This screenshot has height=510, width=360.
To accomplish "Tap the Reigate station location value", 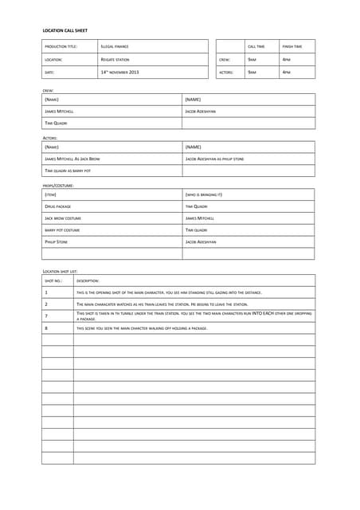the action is coord(115,60).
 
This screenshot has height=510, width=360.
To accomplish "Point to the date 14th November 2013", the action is coord(120,73).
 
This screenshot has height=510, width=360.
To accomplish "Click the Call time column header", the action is coord(256,47).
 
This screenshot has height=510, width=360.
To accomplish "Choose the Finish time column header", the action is coord(292,47).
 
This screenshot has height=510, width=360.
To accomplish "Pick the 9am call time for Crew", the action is coord(252,60).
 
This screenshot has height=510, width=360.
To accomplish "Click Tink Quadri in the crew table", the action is coord(56,124).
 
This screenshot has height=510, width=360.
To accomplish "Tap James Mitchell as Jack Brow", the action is coord(72,159).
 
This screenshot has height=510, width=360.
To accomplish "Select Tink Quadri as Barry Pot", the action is coord(68,171).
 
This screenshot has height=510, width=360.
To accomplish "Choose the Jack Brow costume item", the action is coord(63,218).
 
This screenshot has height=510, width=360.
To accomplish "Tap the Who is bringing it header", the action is coord(204,194).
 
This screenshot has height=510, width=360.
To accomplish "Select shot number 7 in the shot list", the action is coord(46,316).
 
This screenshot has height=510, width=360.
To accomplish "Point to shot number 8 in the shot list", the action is coord(46,328).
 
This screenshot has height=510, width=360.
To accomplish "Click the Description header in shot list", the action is coord(88,280).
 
